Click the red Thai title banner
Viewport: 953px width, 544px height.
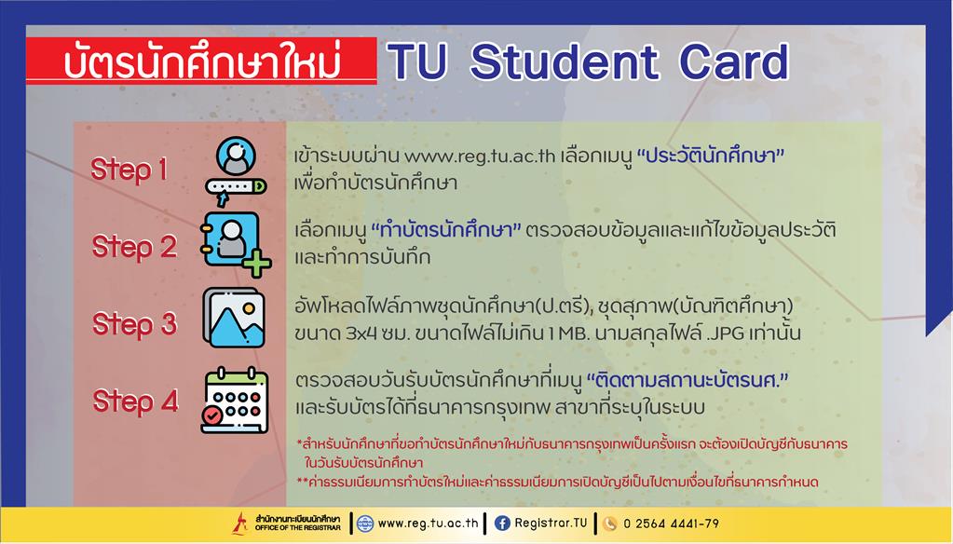coord(201,61)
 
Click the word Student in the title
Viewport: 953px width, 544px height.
coord(564,61)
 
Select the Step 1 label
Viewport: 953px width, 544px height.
coord(129,169)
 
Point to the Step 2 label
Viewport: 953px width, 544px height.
coord(134,247)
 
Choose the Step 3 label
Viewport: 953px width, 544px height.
coord(134,324)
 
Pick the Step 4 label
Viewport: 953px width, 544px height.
coord(135,401)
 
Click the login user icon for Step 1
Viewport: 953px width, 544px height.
coord(236,171)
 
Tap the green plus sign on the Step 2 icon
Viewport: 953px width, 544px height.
coord(257,264)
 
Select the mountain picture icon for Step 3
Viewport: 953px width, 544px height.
coord(234,318)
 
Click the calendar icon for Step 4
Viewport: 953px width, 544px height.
coord(235,400)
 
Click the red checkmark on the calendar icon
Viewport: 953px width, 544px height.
coord(212,415)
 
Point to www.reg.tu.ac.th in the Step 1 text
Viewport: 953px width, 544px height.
coord(480,156)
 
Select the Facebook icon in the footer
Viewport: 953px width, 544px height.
coord(502,523)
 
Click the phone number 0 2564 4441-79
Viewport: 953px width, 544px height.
coord(671,524)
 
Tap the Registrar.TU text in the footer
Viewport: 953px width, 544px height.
coord(551,523)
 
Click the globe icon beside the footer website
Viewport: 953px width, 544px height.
coord(364,524)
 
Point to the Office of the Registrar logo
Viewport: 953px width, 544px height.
coord(286,523)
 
